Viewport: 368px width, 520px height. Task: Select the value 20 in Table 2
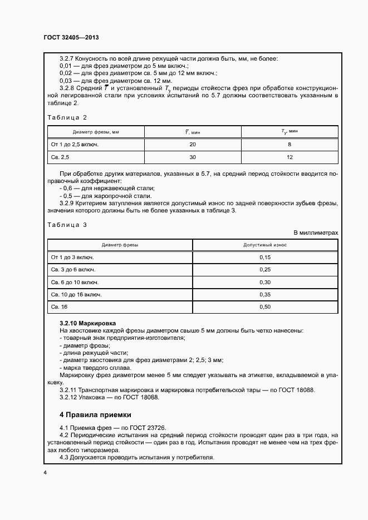coord(193,145)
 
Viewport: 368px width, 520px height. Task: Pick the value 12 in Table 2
coord(289,158)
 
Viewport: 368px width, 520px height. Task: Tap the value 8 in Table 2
coord(289,145)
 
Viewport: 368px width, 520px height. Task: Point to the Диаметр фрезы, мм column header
coord(96,132)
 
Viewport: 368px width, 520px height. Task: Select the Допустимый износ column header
coord(265,245)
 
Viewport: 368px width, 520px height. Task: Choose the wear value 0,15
coord(265,257)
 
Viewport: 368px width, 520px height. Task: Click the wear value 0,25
coord(265,270)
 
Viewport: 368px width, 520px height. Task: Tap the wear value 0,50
coord(265,306)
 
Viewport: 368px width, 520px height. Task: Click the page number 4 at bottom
coord(45,472)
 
